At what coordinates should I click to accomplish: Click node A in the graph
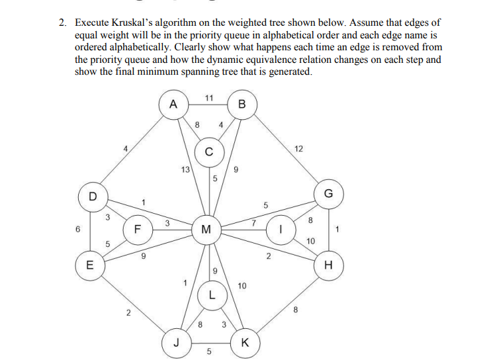pyautogui.click(x=173, y=105)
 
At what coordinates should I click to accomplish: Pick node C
pyautogui.click(x=208, y=152)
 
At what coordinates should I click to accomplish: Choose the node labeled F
pyautogui.click(x=138, y=230)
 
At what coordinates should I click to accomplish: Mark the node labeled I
pyautogui.click(x=281, y=231)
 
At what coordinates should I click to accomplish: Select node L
pyautogui.click(x=211, y=296)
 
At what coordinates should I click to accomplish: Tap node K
pyautogui.click(x=246, y=342)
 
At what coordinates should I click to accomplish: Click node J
pyautogui.click(x=175, y=342)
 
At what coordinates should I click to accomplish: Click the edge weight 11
pyautogui.click(x=208, y=98)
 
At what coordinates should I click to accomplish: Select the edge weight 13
pyautogui.click(x=185, y=169)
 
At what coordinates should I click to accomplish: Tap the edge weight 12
pyautogui.click(x=298, y=148)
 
